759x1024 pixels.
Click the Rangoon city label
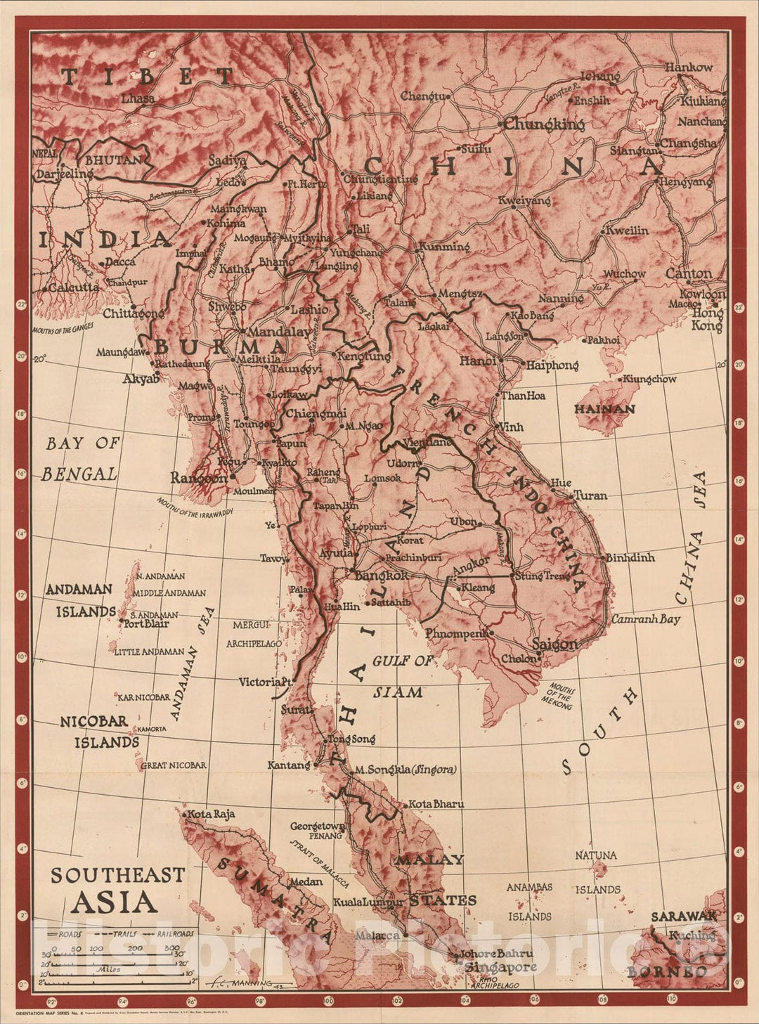point(199,478)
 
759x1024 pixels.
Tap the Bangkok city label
point(382,576)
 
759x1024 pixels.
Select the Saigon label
point(554,644)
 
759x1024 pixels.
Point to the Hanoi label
point(478,361)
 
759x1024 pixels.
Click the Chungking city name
point(545,124)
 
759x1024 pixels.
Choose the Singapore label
point(500,967)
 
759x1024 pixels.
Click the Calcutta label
point(74,287)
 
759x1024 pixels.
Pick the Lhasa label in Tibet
point(138,99)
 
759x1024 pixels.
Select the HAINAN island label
point(604,408)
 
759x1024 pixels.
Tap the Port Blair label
point(148,623)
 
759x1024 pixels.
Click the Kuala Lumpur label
point(368,902)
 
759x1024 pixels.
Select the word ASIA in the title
point(114,902)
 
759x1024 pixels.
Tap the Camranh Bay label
point(645,619)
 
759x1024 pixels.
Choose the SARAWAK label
point(683,916)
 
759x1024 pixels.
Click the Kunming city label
point(444,247)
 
